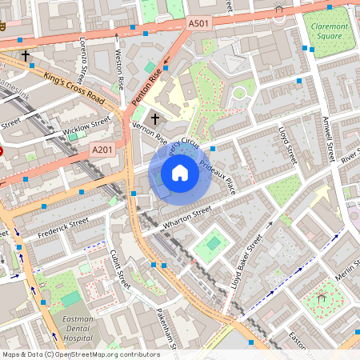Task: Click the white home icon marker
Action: click(180, 172)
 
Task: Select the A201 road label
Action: click(102, 149)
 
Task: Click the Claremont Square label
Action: click(330, 31)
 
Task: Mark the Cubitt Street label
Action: click(119, 269)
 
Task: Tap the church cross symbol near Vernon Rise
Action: click(154, 118)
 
